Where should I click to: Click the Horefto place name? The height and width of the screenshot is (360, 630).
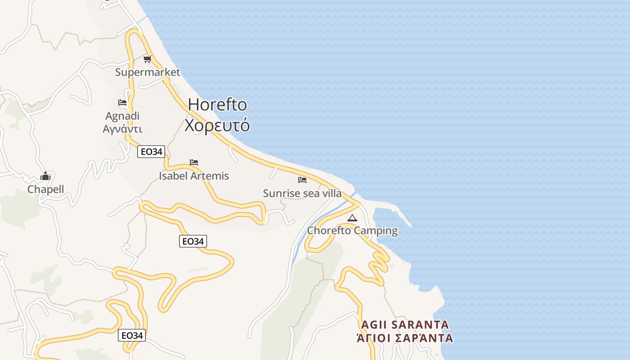tap(217, 104)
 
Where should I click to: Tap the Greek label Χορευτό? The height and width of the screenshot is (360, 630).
tap(217, 125)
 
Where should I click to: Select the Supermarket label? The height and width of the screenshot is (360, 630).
tap(148, 72)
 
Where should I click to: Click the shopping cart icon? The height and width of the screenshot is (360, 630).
tap(147, 59)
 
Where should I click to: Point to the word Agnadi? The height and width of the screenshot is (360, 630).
tap(122, 116)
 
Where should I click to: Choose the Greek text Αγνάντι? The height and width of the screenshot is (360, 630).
tap(122, 129)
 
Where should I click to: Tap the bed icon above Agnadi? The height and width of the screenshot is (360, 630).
tap(122, 103)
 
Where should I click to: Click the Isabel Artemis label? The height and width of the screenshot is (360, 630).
tap(194, 176)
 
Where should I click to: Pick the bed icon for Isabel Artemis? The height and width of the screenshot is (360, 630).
tap(194, 162)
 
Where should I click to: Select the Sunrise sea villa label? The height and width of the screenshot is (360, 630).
tap(302, 193)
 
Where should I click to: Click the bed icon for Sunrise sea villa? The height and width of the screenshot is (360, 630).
tap(302, 180)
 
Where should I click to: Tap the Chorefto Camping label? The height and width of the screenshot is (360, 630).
tap(352, 231)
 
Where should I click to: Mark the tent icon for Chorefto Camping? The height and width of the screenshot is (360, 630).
tap(352, 218)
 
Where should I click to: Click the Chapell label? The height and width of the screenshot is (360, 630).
tap(45, 189)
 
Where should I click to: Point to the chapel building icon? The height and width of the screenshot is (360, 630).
tap(45, 176)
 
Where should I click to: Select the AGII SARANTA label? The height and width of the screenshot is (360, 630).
tap(405, 324)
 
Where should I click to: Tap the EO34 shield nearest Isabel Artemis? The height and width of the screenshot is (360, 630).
tap(151, 152)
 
